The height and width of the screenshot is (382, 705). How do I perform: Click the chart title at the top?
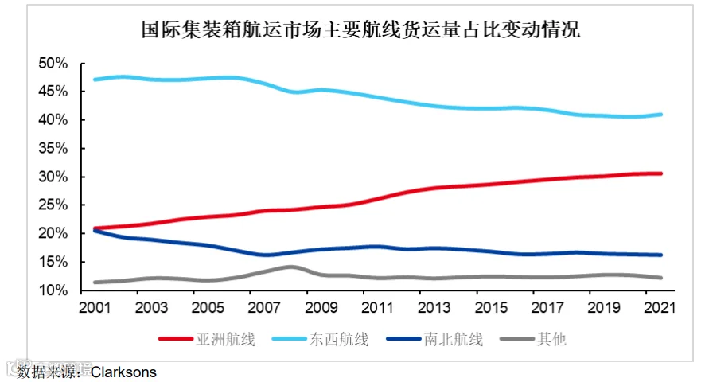[360, 29]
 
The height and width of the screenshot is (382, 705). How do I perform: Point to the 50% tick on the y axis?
[53, 64]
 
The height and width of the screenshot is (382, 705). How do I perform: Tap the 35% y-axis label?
[53, 149]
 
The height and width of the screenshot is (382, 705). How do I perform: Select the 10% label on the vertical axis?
[53, 290]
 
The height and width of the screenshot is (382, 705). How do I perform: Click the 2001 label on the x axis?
[95, 308]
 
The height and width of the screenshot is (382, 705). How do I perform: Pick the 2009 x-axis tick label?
[321, 308]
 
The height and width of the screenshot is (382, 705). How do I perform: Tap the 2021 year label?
[660, 308]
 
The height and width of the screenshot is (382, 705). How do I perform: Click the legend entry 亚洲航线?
[207, 339]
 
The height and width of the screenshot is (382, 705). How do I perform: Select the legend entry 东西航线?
[321, 339]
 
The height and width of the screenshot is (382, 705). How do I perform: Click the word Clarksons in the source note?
[123, 372]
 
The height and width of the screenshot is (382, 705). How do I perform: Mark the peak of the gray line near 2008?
[291, 267]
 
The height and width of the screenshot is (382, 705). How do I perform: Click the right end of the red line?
[660, 173]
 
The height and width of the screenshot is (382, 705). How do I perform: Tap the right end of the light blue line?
[660, 115]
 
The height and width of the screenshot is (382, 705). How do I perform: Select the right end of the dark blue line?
[660, 255]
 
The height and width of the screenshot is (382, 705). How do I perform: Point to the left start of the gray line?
[95, 283]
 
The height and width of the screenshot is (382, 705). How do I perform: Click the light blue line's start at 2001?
[95, 80]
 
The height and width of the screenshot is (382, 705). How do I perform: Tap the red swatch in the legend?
[176, 339]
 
